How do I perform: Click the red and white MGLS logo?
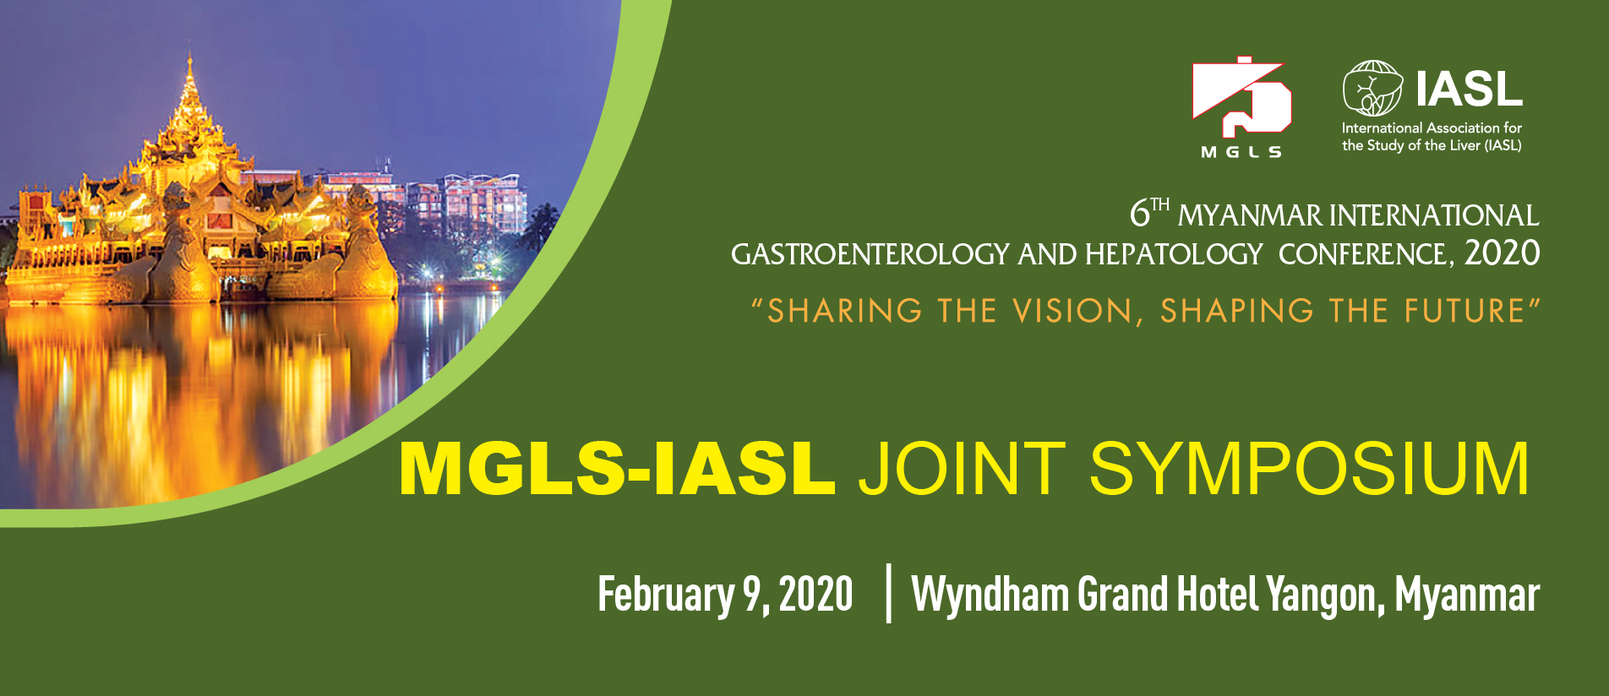pos(1241,106)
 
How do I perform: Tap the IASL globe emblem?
pos(1372,89)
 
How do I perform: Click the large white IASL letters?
pos(1470,89)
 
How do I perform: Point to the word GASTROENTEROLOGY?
pos(870,254)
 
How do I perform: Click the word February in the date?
pos(667,595)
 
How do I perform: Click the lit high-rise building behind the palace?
pos(482,203)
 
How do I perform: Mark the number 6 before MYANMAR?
pos(1140,214)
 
